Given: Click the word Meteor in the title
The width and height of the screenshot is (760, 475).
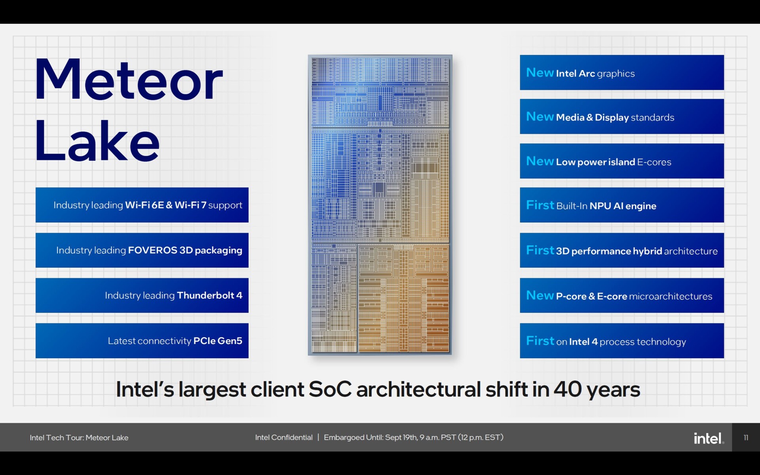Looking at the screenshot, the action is [129, 79].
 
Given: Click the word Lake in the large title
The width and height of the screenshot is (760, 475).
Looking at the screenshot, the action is [97, 141].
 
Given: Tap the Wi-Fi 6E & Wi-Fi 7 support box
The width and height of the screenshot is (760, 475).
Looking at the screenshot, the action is [142, 205].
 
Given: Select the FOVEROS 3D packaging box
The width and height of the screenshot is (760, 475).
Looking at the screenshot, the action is [142, 250].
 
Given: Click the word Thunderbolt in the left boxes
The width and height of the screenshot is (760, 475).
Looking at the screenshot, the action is [205, 295].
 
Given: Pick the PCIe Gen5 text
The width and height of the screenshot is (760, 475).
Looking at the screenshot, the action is [218, 341].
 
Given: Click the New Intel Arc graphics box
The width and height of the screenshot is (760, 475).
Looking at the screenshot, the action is [622, 72].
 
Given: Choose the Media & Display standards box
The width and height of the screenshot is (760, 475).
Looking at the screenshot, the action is [622, 116].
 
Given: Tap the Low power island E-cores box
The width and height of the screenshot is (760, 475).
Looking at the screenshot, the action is [622, 161].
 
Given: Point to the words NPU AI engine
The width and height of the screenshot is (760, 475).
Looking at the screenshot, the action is [623, 206].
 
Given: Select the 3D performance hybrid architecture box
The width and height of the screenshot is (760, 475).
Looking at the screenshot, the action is [622, 250].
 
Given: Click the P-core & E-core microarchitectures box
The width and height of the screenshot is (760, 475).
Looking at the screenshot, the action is [622, 295].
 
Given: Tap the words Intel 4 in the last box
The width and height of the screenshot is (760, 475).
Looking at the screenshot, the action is [583, 342].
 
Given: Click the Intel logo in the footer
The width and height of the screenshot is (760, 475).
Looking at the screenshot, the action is [709, 438].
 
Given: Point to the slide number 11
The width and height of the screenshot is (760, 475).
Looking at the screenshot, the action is [746, 437].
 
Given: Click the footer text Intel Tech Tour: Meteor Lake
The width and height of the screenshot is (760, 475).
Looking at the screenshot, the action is [79, 437].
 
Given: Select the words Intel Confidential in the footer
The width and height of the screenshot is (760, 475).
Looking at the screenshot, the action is [284, 437].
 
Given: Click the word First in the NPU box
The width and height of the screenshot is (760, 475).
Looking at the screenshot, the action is [540, 205].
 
